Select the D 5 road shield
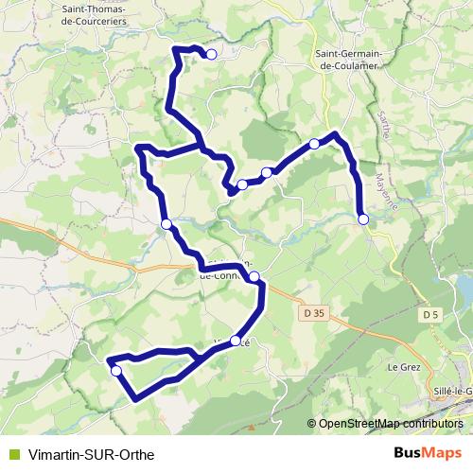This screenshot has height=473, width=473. pos(431,313)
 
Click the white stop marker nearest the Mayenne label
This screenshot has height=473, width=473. pos(363,219)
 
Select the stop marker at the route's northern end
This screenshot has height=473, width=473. pos(212,55)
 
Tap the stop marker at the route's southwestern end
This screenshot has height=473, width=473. pos(116,371)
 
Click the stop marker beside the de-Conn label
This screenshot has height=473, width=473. pos(254,276)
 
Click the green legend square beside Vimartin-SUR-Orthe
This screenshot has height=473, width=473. pos(12,454)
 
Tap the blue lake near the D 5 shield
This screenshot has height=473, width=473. pos(464,289)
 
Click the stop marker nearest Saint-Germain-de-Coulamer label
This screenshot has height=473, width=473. pos(314,144)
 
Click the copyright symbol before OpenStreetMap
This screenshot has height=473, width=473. pos(312,424)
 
